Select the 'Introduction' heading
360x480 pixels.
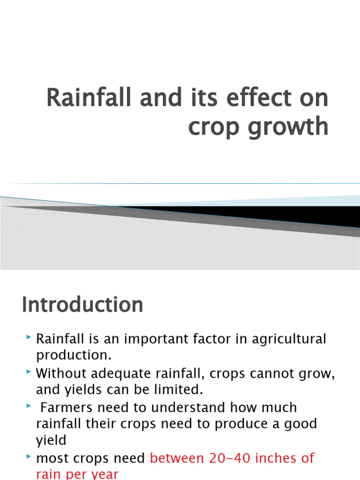(x=82, y=305)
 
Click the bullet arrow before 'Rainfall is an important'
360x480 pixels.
(x=29, y=337)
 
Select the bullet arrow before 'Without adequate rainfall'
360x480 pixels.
(x=29, y=372)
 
